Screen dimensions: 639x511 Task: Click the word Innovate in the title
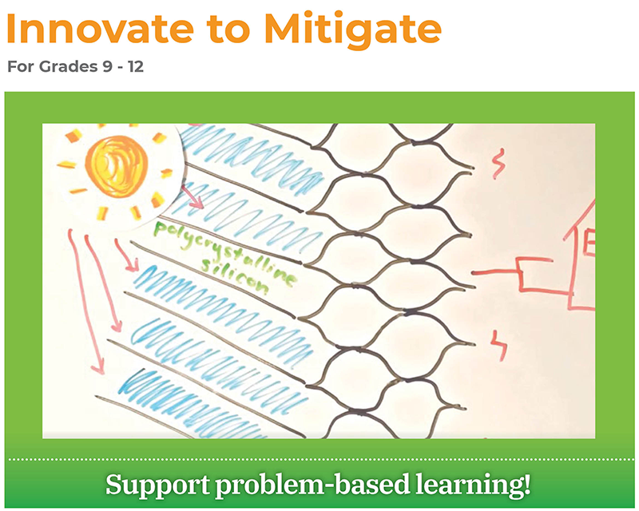pos(101,29)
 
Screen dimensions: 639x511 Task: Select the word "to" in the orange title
pos(228,30)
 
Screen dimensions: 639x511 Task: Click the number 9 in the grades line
pos(108,66)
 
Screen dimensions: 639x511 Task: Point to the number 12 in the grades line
pos(135,66)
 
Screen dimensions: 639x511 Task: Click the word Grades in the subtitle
pos(69,66)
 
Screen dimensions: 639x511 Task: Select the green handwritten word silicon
pos(235,277)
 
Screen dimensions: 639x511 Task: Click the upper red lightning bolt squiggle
pos(498,164)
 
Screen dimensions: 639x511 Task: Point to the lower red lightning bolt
pos(499,345)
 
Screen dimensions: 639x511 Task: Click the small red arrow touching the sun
pos(192,196)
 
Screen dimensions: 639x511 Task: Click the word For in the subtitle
pos(21,66)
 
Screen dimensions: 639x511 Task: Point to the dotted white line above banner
pos(321,460)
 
